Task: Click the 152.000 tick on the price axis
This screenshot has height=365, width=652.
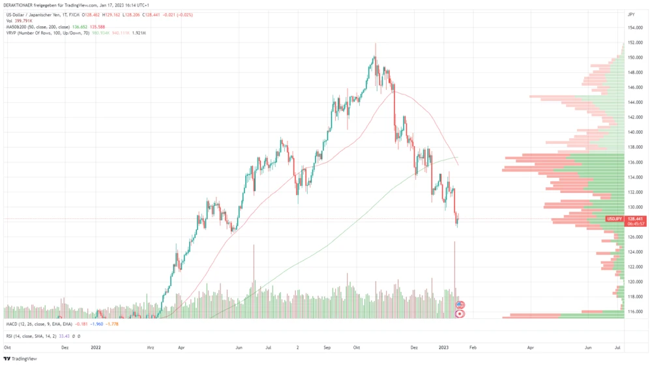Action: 635,42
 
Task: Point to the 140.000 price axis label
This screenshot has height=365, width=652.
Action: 635,132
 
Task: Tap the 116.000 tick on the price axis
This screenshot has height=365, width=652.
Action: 635,311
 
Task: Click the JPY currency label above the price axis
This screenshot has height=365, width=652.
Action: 631,14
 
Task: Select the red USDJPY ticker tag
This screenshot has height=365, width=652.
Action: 615,218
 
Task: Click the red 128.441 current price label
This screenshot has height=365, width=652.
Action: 636,218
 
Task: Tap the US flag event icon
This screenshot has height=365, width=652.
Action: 460,304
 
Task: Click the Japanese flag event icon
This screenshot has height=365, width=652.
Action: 460,314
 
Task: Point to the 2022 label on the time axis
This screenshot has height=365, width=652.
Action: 96,348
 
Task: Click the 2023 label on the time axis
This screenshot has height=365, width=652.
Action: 444,348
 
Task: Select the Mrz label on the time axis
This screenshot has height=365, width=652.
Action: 151,348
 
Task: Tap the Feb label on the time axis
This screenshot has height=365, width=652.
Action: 473,348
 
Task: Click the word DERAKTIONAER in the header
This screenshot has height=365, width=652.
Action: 18,5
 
